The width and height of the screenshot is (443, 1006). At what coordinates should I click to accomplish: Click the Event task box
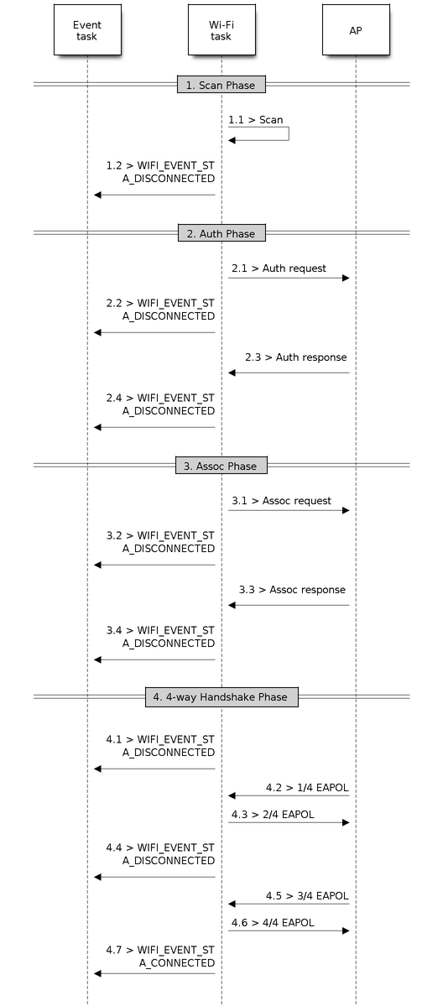pos(87,30)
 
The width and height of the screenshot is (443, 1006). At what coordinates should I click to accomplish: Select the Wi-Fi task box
pos(221,30)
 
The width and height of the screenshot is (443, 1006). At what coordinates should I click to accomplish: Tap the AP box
pos(356,30)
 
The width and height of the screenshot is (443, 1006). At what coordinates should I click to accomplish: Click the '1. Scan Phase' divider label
pos(221,85)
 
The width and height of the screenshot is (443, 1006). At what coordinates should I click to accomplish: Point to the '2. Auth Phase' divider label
pos(221,233)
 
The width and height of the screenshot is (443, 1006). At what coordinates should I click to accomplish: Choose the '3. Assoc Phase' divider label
pos(221,466)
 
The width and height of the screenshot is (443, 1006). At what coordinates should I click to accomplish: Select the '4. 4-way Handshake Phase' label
pos(221,696)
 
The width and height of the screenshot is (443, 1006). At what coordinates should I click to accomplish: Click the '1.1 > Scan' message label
pos(256,120)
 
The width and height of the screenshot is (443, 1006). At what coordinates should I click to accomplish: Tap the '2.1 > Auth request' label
pos(279,268)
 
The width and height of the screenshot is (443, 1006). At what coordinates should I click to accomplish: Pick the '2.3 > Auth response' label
pos(296,357)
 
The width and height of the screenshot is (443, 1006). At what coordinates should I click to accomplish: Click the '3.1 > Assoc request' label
pos(281,500)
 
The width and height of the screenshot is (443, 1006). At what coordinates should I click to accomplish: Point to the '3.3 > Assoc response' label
pos(292,590)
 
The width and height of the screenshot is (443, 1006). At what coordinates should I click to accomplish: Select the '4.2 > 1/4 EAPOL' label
pos(308,787)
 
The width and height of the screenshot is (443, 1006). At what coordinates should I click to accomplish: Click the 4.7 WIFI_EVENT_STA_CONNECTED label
pos(160,956)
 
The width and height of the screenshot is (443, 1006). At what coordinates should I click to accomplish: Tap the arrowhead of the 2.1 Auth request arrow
pos(346,278)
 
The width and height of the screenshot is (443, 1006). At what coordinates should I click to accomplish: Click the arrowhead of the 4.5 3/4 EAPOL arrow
pos(232,904)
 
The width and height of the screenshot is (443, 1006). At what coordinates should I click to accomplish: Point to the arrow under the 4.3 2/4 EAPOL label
pos(289,822)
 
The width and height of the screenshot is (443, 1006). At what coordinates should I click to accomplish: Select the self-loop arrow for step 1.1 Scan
pos(289,133)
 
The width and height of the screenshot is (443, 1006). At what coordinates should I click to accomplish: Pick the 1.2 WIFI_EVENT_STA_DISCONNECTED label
pos(160,172)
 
